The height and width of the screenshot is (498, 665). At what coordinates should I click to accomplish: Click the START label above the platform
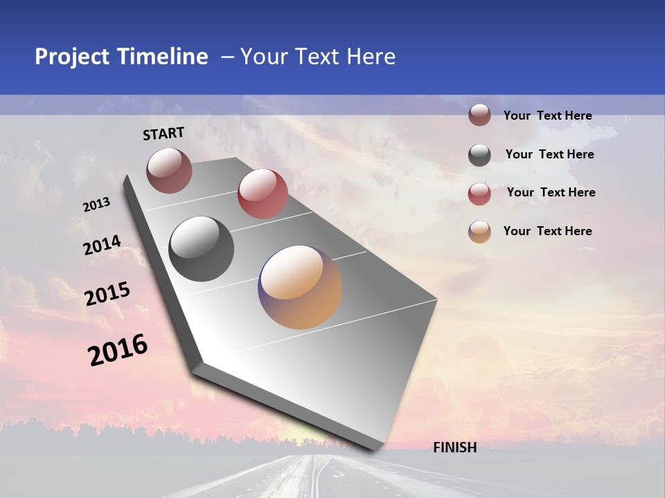click(163, 133)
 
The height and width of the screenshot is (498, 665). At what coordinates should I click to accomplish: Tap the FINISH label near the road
click(454, 448)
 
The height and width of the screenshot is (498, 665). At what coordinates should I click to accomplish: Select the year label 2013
click(96, 205)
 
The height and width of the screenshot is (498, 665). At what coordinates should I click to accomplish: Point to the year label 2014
click(102, 245)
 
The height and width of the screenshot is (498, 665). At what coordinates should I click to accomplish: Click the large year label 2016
click(118, 350)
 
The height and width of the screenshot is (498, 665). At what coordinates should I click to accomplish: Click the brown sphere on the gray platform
click(169, 170)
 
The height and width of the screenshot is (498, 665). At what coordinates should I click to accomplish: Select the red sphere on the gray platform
click(263, 194)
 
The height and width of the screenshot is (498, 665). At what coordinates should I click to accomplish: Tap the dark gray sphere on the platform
click(202, 249)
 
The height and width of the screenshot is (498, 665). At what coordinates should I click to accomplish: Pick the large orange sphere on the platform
click(300, 287)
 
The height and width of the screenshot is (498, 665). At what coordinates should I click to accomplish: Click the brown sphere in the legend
click(479, 116)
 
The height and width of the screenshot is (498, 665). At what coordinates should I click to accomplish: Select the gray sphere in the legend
click(479, 155)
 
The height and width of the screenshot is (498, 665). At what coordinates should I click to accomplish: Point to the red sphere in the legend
click(479, 194)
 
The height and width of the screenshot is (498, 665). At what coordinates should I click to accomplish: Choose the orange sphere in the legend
click(479, 232)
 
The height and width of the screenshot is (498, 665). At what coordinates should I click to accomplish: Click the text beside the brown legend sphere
click(547, 116)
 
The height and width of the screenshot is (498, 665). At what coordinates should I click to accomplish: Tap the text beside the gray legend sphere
click(549, 154)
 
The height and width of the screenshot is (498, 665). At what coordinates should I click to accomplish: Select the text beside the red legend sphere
click(551, 192)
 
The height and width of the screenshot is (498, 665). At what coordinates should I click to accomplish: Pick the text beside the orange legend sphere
click(547, 231)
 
